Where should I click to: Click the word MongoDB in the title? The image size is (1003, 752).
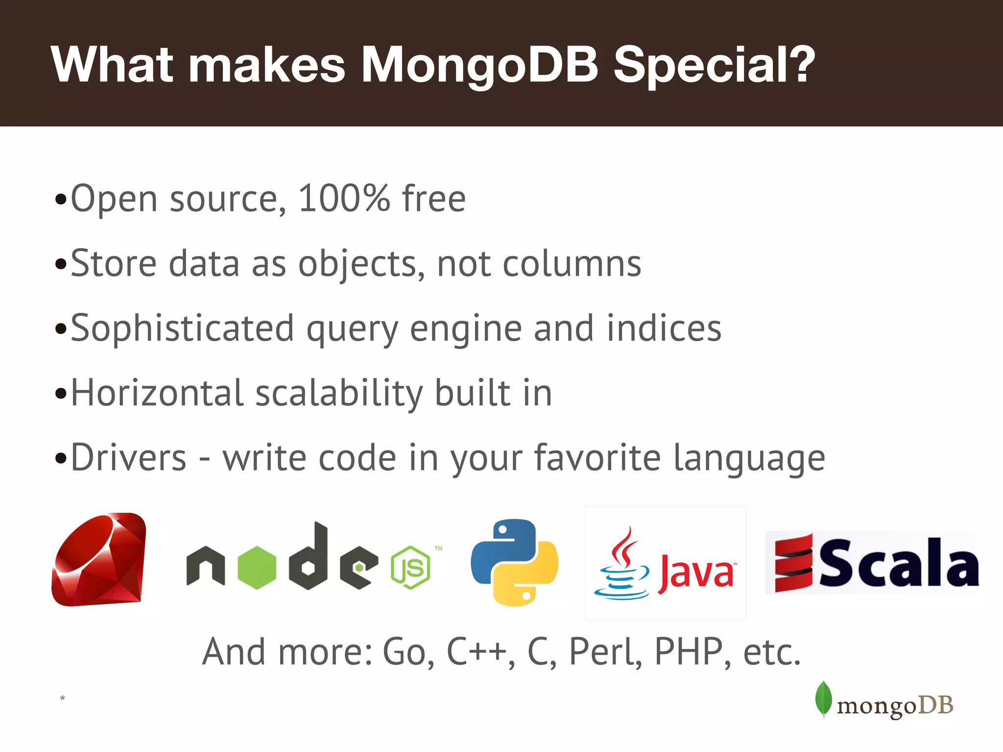click(x=479, y=65)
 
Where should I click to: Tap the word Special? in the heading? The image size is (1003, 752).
click(x=714, y=65)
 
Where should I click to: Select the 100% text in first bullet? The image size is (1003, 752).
click(x=344, y=199)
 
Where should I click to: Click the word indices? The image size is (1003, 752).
click(x=664, y=328)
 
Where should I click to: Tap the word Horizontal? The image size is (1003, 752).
click(x=157, y=393)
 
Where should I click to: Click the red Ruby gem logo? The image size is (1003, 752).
click(x=99, y=560)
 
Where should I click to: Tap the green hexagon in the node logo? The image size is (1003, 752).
click(x=257, y=568)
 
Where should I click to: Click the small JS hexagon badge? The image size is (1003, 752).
click(x=410, y=568)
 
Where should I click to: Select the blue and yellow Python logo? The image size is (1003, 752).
click(x=514, y=562)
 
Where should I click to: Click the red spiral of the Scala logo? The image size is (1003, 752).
click(x=793, y=563)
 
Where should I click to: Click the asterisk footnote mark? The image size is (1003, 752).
click(x=62, y=698)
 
